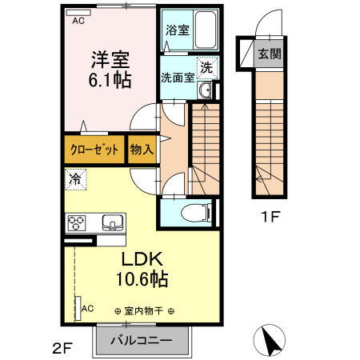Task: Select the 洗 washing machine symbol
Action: (206, 68)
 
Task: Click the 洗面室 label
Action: (177, 78)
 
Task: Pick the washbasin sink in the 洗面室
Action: (206, 91)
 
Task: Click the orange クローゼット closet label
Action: (94, 150)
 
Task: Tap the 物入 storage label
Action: (142, 150)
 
